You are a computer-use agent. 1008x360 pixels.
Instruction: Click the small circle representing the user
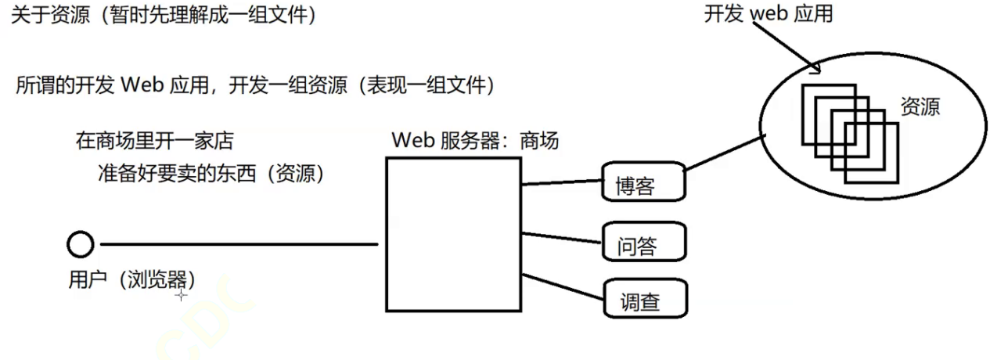80,246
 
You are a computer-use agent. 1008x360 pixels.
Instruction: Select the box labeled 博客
643,181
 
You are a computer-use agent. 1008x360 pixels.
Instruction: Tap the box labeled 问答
643,241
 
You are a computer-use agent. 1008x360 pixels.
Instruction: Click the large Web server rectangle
453,235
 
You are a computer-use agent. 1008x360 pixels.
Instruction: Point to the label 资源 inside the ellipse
920,107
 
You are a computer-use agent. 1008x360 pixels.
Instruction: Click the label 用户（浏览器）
131,279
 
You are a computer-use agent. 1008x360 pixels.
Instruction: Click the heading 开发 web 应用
769,13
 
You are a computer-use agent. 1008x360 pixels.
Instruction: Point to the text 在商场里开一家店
154,142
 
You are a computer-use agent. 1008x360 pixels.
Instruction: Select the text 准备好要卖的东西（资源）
211,173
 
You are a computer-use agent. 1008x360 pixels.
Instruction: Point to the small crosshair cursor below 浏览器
182,295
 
